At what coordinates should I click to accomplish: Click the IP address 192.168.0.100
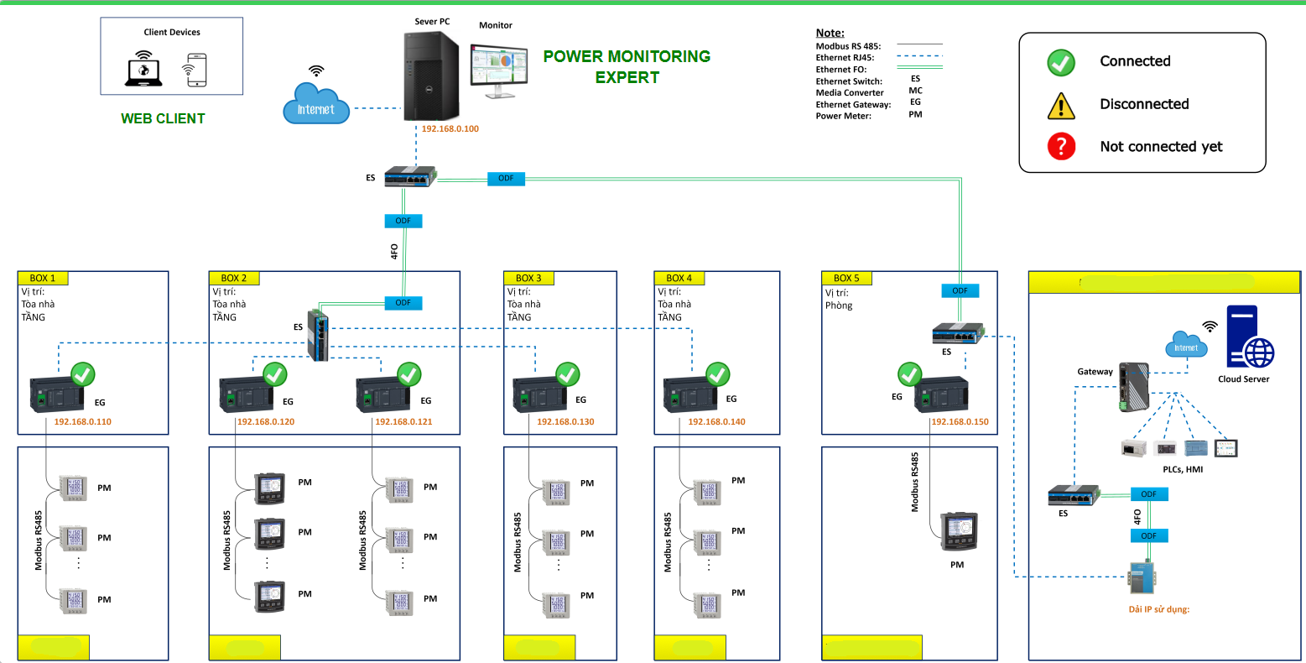(450, 129)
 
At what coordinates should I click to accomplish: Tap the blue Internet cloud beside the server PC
(315, 104)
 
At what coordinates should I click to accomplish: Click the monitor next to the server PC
(498, 70)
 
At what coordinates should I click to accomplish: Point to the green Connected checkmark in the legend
(1061, 62)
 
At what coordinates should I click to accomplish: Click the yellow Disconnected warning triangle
(1061, 106)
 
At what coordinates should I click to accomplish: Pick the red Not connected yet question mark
(1061, 147)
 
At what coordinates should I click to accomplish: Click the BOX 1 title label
(43, 278)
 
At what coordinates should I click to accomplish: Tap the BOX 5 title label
(846, 278)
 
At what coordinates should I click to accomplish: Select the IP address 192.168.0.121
(403, 421)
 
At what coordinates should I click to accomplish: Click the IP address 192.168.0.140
(716, 421)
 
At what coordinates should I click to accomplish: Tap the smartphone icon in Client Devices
(195, 70)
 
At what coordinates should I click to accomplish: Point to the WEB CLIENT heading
(163, 118)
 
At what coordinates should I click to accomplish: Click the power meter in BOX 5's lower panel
(958, 530)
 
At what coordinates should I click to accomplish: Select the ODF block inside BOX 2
(403, 303)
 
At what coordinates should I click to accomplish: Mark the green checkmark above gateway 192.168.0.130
(568, 374)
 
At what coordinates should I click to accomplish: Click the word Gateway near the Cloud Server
(1095, 372)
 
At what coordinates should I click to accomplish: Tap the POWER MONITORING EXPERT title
(627, 66)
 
